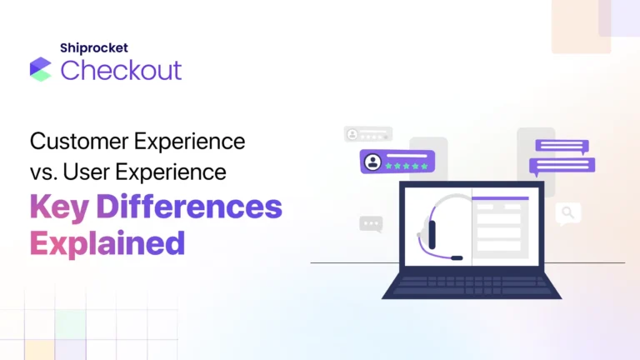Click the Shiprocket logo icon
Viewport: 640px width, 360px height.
coord(40,69)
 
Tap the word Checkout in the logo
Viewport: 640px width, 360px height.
coord(121,70)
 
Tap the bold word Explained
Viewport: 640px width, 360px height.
coord(107,242)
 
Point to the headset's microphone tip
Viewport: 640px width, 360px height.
coord(457,258)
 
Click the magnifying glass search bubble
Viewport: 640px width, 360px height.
coord(568,213)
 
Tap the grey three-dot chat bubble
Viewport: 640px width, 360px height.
coord(371,223)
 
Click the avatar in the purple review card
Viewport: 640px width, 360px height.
coord(372,162)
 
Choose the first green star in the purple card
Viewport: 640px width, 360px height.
coord(387,166)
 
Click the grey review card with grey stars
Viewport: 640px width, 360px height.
coord(367,133)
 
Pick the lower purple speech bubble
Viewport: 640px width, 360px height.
coord(566,164)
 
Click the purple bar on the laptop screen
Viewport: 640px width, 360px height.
coord(500,197)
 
